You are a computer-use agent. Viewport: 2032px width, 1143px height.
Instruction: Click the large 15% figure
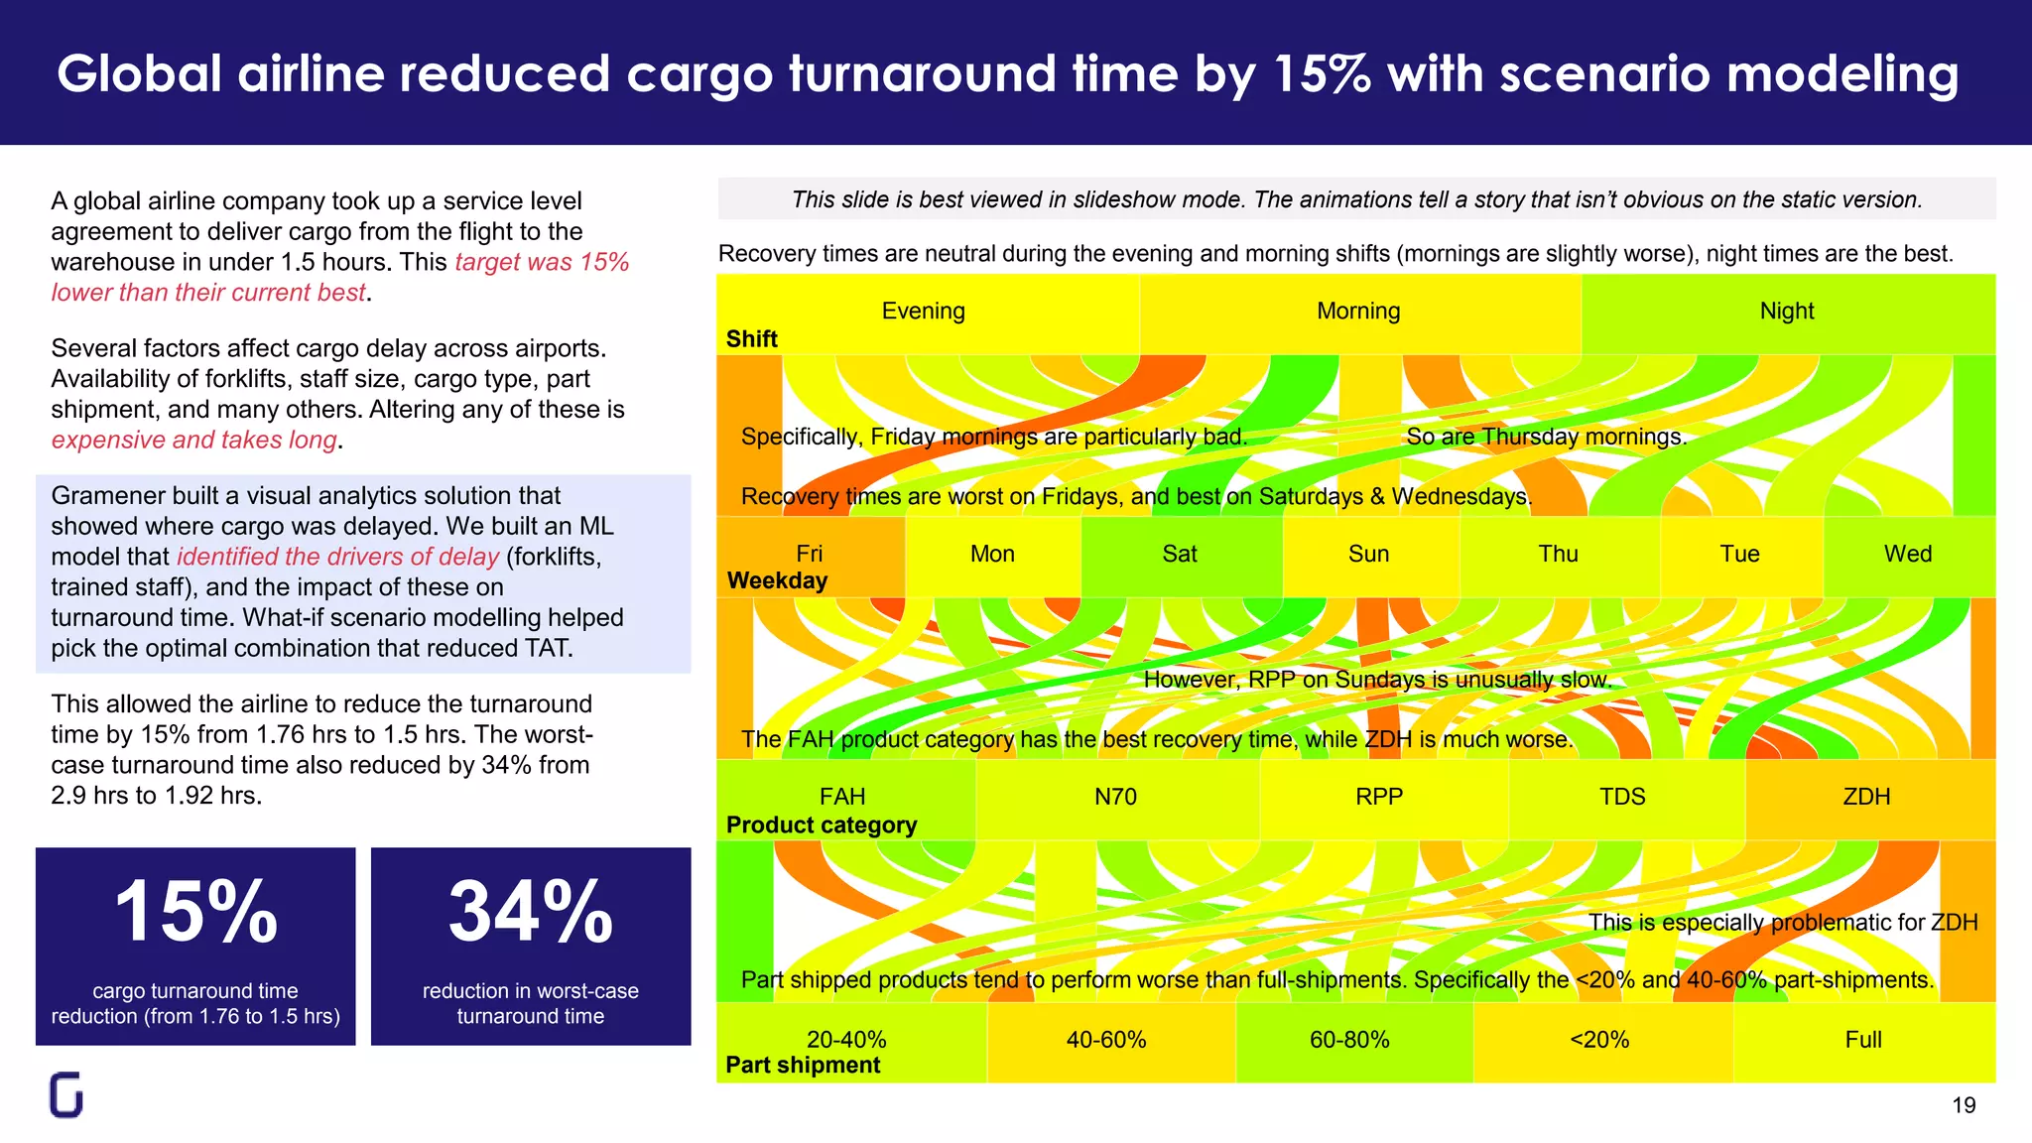[195, 912]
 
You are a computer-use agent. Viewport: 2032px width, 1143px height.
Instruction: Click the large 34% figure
[530, 912]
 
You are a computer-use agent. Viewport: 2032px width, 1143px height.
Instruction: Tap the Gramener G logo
[66, 1095]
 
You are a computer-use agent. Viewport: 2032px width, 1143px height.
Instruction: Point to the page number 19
[1963, 1105]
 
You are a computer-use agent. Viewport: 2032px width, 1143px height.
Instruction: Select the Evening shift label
[923, 311]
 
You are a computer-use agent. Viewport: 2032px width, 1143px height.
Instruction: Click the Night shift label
[1786, 311]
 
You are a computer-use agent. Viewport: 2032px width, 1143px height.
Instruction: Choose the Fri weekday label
[809, 554]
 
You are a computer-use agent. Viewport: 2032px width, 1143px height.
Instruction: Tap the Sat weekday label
[1179, 554]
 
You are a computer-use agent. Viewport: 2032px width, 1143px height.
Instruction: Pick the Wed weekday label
[1907, 554]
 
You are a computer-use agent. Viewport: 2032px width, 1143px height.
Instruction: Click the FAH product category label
[841, 797]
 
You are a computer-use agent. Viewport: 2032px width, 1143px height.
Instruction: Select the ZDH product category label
[1865, 797]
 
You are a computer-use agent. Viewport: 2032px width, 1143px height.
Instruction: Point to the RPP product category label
[1378, 797]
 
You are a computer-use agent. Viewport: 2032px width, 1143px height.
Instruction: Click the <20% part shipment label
[1598, 1040]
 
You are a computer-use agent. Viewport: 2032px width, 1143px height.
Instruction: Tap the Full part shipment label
[1862, 1040]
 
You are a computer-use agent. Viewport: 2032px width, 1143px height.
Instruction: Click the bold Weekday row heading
[777, 580]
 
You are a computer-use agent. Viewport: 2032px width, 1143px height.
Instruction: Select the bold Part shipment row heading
[803, 1065]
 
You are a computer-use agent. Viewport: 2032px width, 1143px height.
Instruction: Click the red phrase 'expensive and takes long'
[193, 440]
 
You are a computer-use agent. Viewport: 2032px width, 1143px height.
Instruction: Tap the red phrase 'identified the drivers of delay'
[337, 557]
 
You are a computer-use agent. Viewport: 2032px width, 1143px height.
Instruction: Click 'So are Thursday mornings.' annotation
[1546, 437]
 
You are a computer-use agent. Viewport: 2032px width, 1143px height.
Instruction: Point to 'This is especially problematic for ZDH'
[1782, 923]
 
